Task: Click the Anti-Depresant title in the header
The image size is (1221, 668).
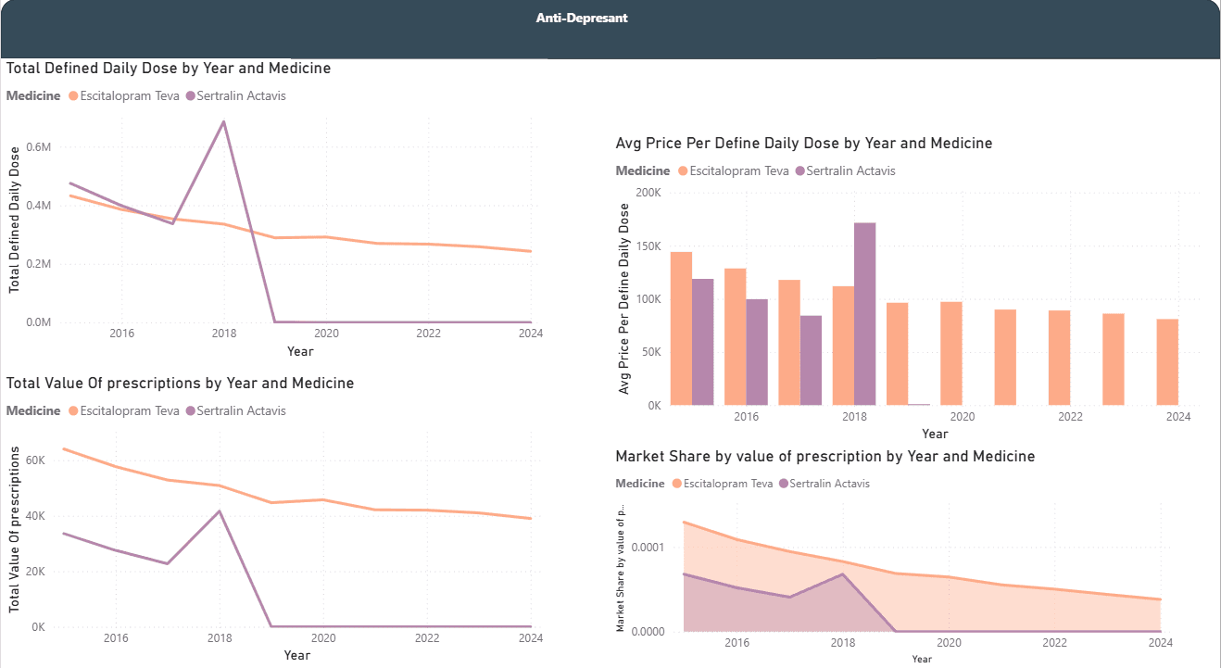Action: pos(582,18)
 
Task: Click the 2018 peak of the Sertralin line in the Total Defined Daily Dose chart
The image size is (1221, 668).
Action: pos(223,122)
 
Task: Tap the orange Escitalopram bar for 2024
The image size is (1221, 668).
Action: pos(1167,362)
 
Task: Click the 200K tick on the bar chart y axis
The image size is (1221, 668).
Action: pos(647,193)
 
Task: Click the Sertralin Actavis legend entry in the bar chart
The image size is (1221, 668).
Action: pos(850,170)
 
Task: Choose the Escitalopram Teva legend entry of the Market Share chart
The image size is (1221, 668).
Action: pos(722,484)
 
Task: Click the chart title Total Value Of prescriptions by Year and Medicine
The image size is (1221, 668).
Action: pos(180,383)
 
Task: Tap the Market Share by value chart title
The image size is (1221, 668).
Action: pos(824,456)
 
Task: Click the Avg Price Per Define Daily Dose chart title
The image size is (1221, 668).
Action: pos(803,144)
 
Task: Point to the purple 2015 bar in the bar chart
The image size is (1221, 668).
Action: pos(702,342)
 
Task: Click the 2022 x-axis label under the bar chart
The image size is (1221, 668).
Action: pos(1070,417)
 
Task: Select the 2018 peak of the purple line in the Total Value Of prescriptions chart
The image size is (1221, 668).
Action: pos(219,510)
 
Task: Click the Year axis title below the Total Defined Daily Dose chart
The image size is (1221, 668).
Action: pos(300,351)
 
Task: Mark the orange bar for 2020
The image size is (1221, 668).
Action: pos(951,353)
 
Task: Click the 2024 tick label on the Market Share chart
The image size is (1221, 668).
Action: pos(1160,643)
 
